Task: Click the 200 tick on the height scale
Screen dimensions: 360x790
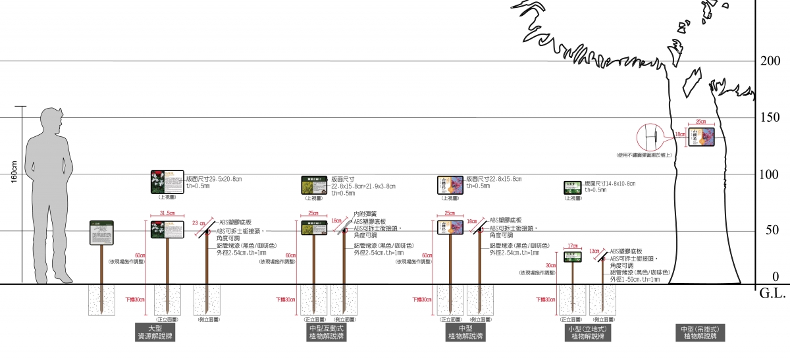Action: (770, 61)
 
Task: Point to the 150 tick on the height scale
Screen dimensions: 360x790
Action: (770, 117)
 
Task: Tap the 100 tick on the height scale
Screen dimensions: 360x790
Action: (770, 174)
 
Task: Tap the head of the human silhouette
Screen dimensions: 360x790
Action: (51, 118)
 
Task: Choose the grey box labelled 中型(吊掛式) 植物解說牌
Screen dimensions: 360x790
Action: (700, 332)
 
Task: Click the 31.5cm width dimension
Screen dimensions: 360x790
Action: (167, 213)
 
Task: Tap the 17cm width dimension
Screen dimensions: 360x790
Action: (571, 245)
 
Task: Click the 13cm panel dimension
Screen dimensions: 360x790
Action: (594, 251)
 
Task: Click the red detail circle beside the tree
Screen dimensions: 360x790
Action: (652, 138)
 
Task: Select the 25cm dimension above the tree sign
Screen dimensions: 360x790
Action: (700, 122)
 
